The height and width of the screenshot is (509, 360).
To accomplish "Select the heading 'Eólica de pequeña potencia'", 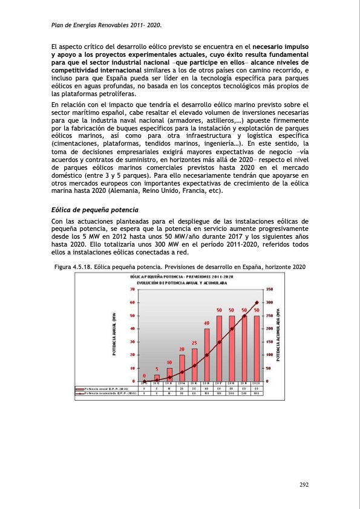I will point(89,210).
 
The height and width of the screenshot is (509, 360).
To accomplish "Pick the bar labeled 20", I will point(182,368).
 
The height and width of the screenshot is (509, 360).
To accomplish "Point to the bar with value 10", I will point(169,375).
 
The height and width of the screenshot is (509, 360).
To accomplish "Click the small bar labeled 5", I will point(157,378).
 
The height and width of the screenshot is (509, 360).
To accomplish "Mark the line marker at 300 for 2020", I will point(257,302).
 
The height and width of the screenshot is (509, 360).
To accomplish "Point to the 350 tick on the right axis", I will point(270,290).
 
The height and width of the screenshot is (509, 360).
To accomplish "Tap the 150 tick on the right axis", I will point(270,342).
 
